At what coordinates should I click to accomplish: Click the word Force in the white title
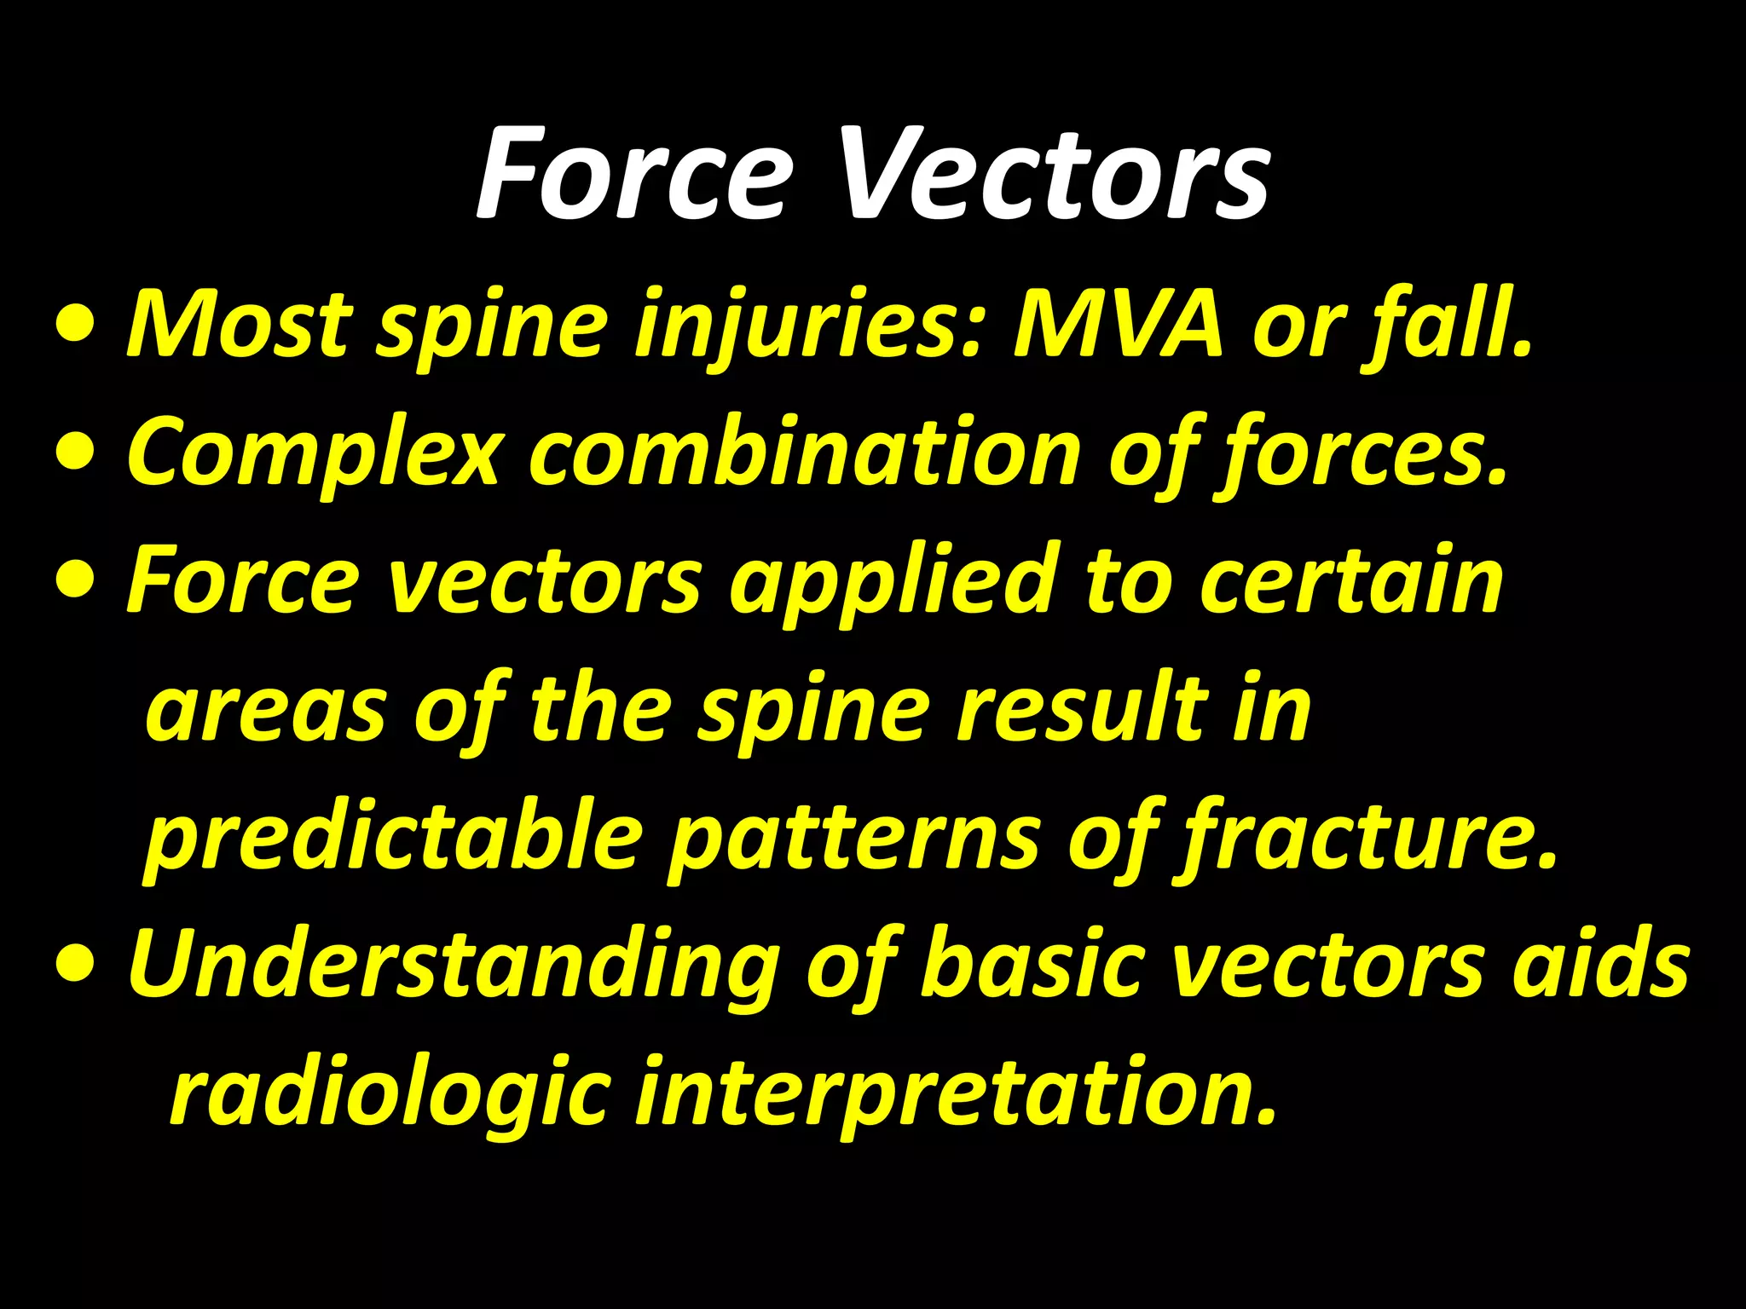[x=631, y=174]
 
